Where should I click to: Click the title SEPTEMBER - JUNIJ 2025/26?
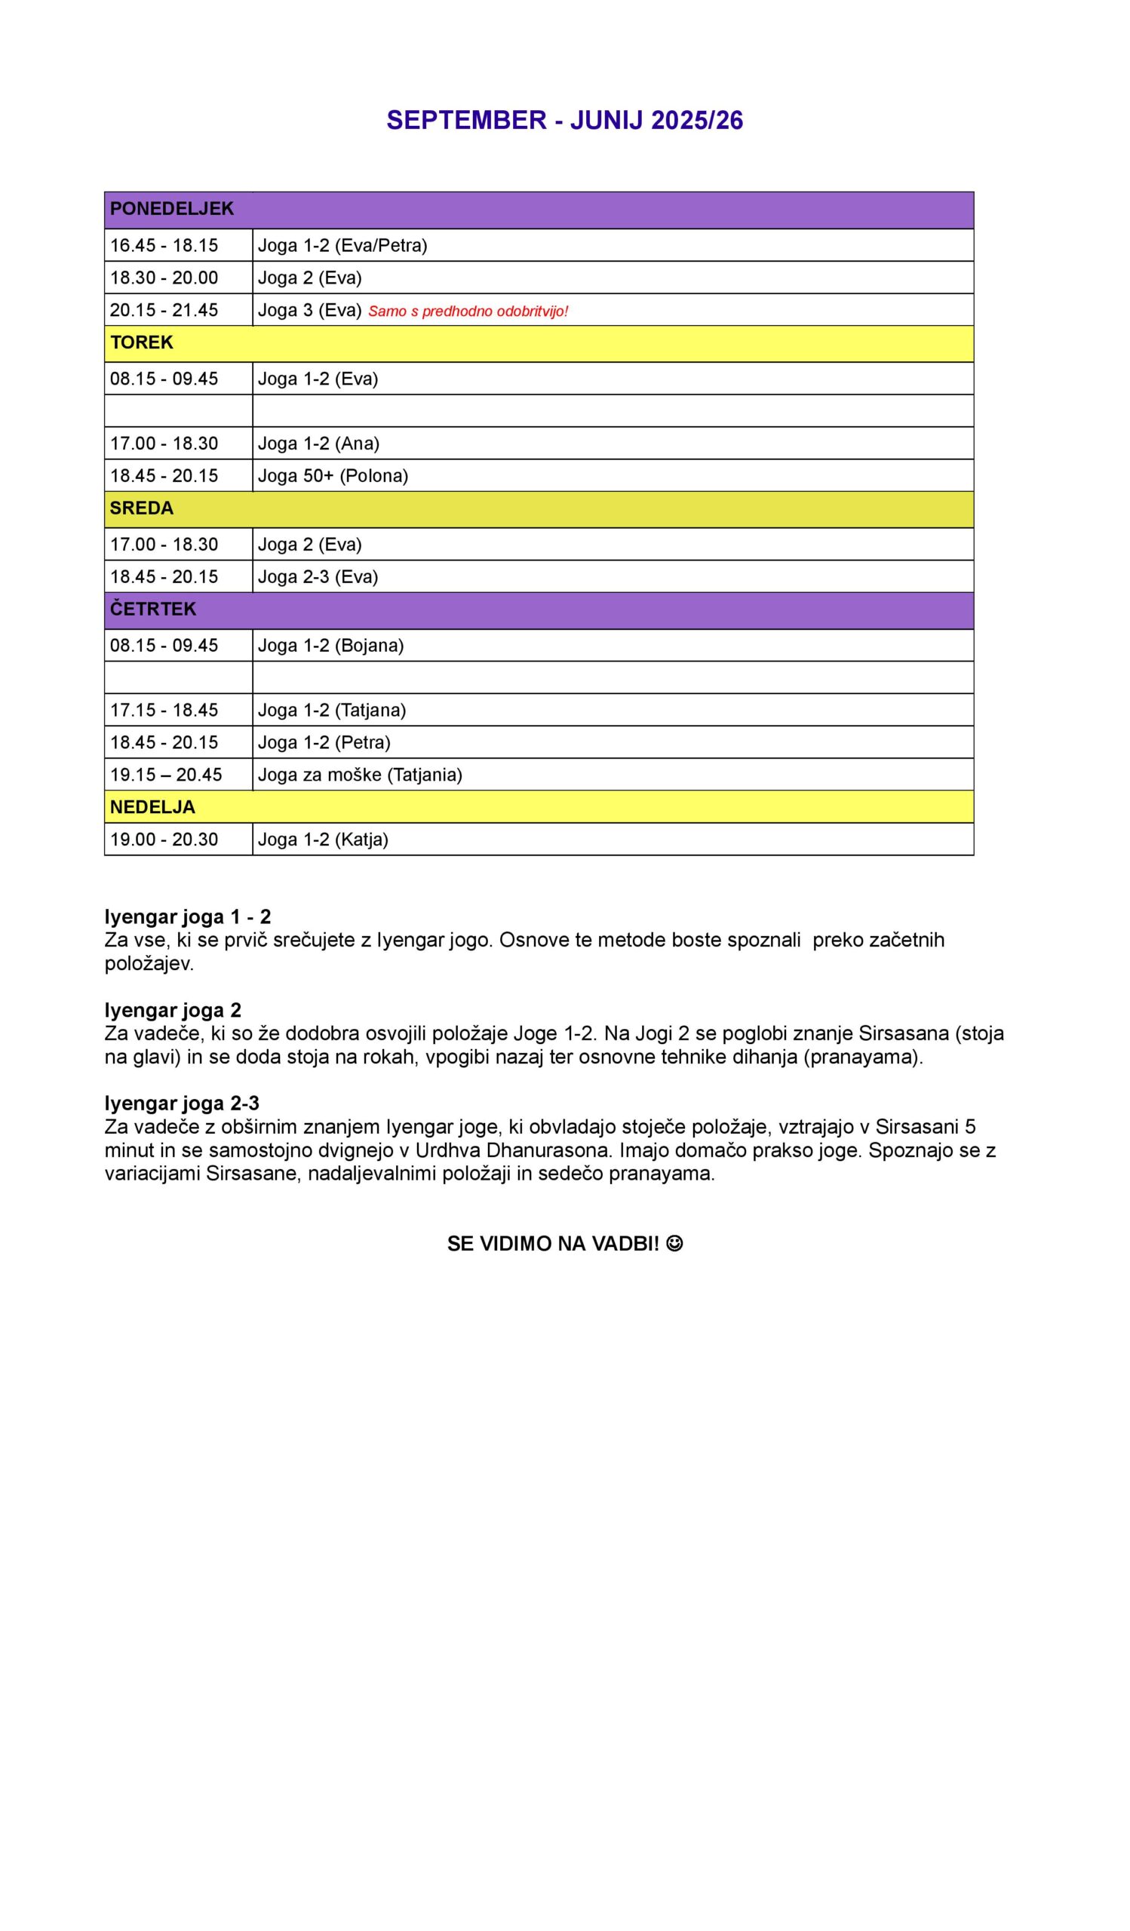pyautogui.click(x=564, y=120)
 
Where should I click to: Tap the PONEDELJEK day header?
pyautogui.click(x=171, y=209)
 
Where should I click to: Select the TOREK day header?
pyautogui.click(x=142, y=342)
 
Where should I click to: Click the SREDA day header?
pyautogui.click(x=142, y=508)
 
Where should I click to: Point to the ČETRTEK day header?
pyautogui.click(x=153, y=609)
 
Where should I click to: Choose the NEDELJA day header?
pyautogui.click(x=152, y=807)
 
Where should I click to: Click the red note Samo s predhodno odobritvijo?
pyautogui.click(x=468, y=311)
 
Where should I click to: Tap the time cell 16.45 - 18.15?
pyautogui.click(x=164, y=245)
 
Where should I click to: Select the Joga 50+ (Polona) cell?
pyautogui.click(x=333, y=476)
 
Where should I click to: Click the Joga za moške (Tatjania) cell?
pyautogui.click(x=360, y=775)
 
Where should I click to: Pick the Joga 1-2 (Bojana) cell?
pyautogui.click(x=331, y=645)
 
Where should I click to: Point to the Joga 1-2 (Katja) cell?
pyautogui.click(x=324, y=839)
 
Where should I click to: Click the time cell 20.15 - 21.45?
pyautogui.click(x=164, y=310)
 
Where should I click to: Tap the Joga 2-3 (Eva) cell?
pyautogui.click(x=318, y=577)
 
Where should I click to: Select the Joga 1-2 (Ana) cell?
pyautogui.click(x=318, y=444)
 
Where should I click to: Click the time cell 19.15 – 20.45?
pyautogui.click(x=166, y=775)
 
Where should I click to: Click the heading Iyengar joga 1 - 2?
pyautogui.click(x=188, y=916)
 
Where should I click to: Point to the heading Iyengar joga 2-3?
pyautogui.click(x=183, y=1104)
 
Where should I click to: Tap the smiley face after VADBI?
pyautogui.click(x=674, y=1244)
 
